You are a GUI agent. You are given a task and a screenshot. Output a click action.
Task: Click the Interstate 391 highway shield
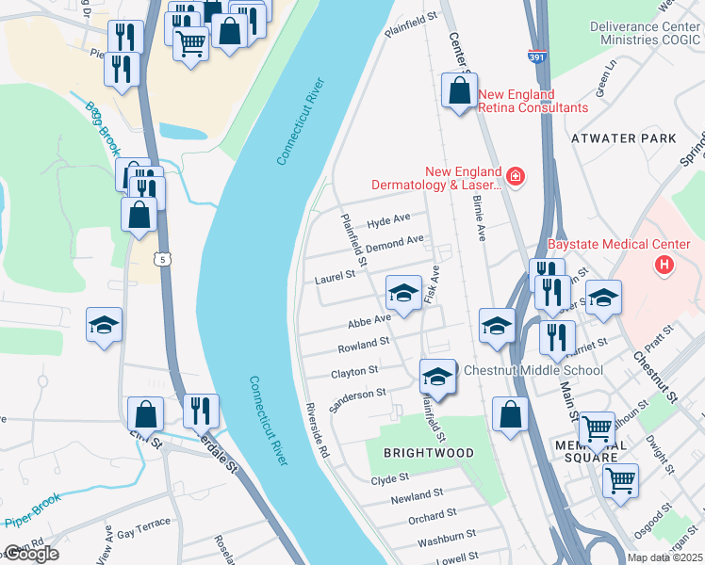535,57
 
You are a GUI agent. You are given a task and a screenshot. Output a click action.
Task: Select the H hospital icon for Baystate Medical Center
664,265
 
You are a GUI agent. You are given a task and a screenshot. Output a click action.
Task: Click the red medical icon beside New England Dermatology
515,175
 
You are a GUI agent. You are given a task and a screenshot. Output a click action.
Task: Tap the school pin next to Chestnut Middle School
436,377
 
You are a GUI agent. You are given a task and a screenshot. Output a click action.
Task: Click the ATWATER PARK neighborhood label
623,138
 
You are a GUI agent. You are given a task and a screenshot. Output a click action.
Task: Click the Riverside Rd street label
316,431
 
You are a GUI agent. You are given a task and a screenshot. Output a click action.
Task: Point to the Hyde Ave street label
389,220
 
